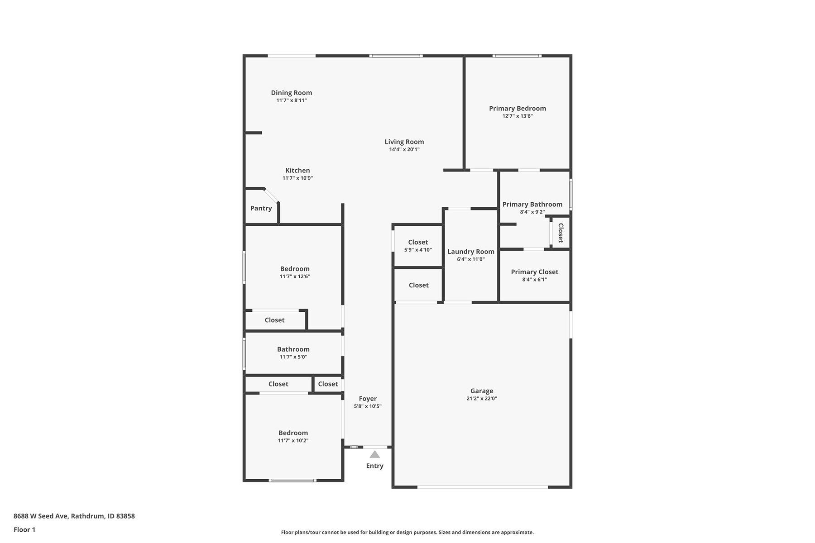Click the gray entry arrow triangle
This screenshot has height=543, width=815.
(375, 454)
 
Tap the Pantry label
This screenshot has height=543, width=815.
(261, 208)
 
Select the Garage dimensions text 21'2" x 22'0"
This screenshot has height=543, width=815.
(482, 399)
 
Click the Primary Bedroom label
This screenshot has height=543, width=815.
(518, 108)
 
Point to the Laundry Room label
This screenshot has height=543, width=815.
(471, 252)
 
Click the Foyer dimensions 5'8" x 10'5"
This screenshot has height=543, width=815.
(368, 406)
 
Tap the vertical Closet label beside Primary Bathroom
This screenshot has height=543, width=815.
(561, 233)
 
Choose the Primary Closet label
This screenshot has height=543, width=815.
(535, 272)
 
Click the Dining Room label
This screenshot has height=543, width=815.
(292, 93)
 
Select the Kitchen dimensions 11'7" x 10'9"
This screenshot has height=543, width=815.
(298, 178)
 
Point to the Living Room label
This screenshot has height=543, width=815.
(404, 142)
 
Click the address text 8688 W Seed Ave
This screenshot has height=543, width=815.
(41, 516)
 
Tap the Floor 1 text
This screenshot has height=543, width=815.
(24, 529)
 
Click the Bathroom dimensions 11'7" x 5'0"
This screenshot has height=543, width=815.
(293, 357)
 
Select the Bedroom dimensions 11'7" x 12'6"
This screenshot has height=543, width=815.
(295, 276)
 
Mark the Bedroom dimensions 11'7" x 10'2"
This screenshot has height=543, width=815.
(293, 441)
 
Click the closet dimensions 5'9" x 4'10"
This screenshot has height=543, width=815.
(418, 250)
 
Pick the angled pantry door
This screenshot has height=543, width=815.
(271, 195)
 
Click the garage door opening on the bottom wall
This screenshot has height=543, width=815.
(483, 487)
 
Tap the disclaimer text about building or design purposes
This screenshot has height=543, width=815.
(407, 533)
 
